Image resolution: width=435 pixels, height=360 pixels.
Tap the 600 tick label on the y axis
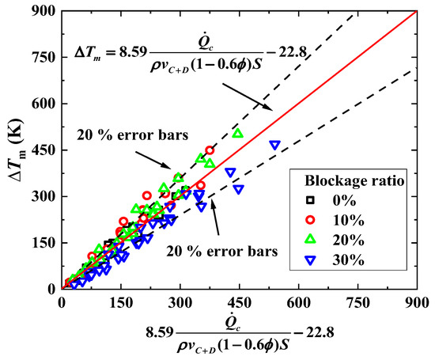[44, 104]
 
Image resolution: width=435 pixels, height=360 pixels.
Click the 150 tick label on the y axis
[44, 243]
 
